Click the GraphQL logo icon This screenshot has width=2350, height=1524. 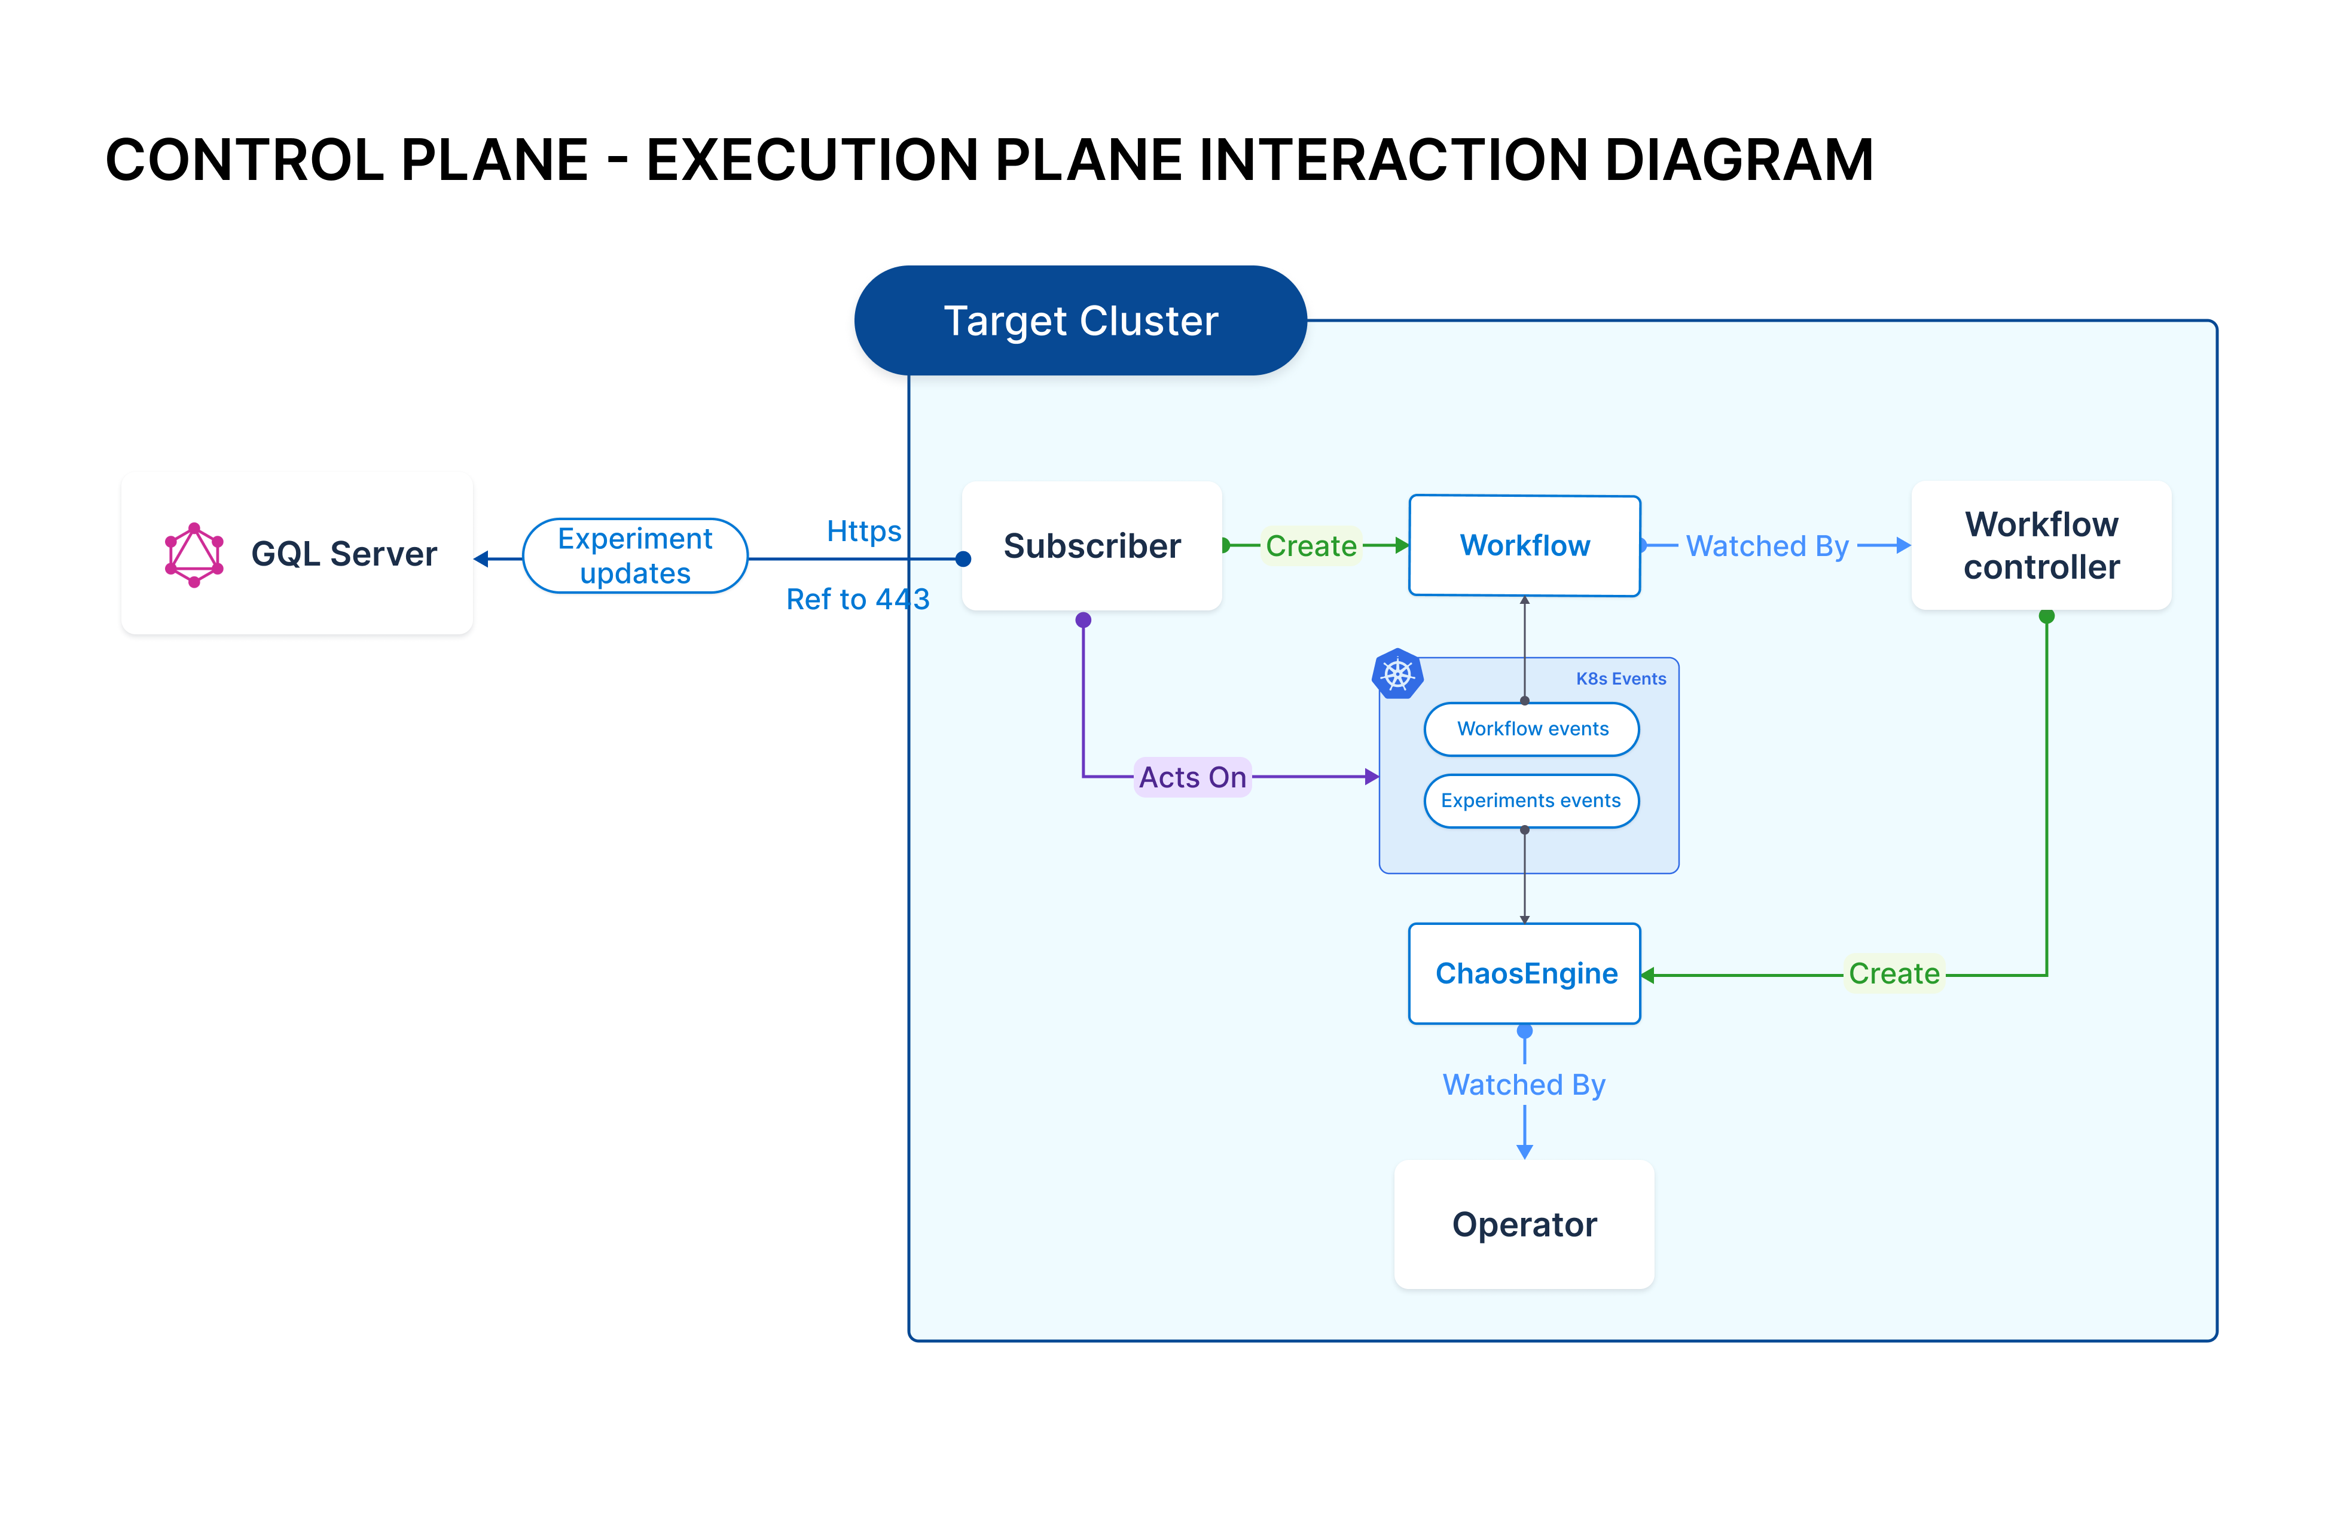[194, 555]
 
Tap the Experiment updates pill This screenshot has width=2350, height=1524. [635, 555]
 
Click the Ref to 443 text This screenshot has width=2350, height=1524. [857, 599]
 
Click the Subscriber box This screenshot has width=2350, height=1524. [1092, 546]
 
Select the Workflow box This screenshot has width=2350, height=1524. [1525, 546]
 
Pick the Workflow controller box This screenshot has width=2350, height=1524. [2041, 546]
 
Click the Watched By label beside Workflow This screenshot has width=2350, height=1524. [1766, 546]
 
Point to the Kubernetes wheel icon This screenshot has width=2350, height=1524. [1397, 674]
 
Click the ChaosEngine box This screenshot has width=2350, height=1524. [1525, 974]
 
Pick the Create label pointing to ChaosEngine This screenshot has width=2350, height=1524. [1894, 974]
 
